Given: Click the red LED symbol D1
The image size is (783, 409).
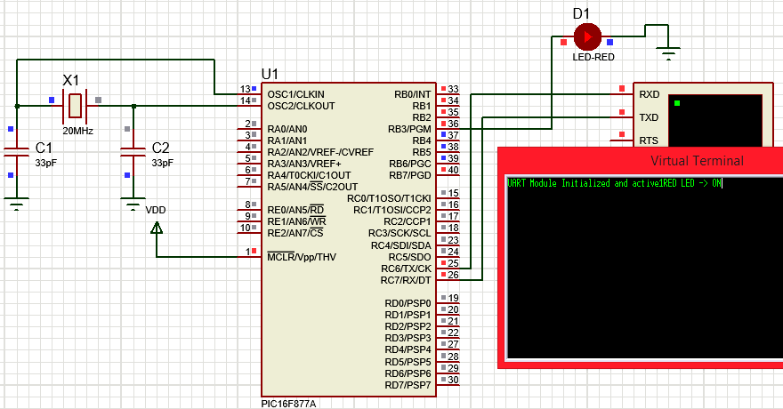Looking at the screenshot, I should (x=586, y=36).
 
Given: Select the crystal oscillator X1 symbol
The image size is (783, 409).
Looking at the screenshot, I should (x=76, y=106).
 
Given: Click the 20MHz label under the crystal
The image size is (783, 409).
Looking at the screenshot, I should (x=77, y=131).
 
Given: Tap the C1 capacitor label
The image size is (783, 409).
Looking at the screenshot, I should (x=44, y=148).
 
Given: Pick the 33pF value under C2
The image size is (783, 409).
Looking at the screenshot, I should (x=163, y=164).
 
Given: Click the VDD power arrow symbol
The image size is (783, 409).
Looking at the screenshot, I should (x=157, y=229).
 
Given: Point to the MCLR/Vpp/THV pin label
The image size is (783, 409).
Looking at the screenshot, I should (x=302, y=256).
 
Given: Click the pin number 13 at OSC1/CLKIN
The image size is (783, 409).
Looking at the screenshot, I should (x=245, y=90).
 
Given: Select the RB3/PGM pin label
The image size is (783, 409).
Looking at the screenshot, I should (x=409, y=129).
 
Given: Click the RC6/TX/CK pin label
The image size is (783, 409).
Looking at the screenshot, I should (x=406, y=268).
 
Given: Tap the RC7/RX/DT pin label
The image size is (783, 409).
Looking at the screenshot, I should (x=406, y=279).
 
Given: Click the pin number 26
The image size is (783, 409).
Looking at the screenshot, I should (x=454, y=275).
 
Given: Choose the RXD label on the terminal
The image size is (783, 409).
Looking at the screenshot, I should (x=650, y=94).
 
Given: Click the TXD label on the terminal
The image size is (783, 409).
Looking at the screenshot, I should (x=650, y=117).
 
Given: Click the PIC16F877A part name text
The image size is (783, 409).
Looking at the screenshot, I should (x=288, y=403).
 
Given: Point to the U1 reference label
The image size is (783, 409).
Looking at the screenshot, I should (x=270, y=73).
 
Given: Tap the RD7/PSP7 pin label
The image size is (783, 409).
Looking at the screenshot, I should (x=408, y=384).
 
